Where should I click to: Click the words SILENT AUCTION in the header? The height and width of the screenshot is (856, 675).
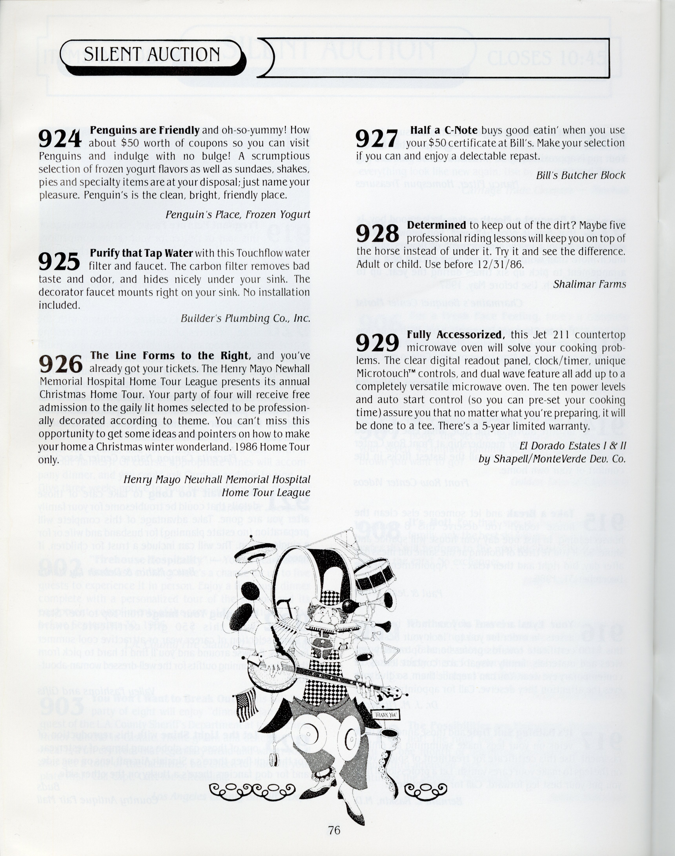pos(152,54)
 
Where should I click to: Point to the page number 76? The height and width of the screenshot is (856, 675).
pos(334,830)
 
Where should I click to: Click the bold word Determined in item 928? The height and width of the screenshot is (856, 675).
pos(436,225)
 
